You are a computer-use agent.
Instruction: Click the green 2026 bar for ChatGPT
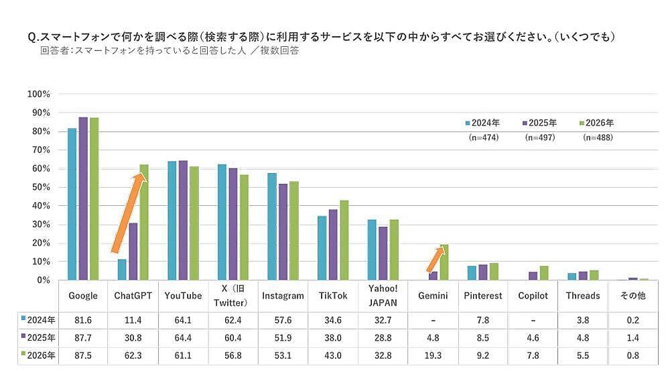coord(143,222)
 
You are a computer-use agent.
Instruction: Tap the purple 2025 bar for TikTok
coord(333,245)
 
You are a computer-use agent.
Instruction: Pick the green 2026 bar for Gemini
coord(444,262)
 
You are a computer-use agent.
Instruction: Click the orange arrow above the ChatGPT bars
coord(128,213)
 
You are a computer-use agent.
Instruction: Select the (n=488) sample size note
coord(598,137)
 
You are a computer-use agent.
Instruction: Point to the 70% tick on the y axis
coord(40,150)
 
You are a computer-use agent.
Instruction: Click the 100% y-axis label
coord(38,94)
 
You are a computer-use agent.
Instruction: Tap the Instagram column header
coord(283,296)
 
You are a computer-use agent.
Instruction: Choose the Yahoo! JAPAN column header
coord(383,296)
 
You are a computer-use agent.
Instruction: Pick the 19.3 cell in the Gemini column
coord(433,355)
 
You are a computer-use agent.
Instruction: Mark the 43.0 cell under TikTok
coord(333,355)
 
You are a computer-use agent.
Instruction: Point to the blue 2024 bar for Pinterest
coord(472,272)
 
